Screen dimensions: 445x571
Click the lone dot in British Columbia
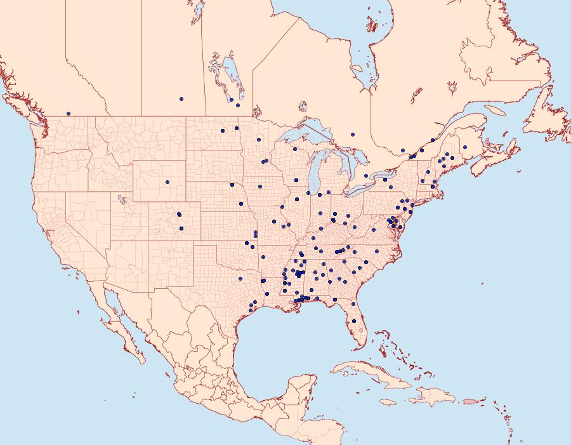pos(69,114)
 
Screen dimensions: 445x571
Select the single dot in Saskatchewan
pos(181,99)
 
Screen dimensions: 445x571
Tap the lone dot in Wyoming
pos(167,182)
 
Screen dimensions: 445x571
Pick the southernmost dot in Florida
pos(354,321)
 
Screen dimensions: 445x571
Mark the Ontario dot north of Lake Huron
pos(352,135)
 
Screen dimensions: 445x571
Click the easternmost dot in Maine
pos(465,147)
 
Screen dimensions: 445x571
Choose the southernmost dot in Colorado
pos(181,229)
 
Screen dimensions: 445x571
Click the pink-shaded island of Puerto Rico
pos(469,401)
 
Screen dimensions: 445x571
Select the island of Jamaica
pos(388,402)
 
